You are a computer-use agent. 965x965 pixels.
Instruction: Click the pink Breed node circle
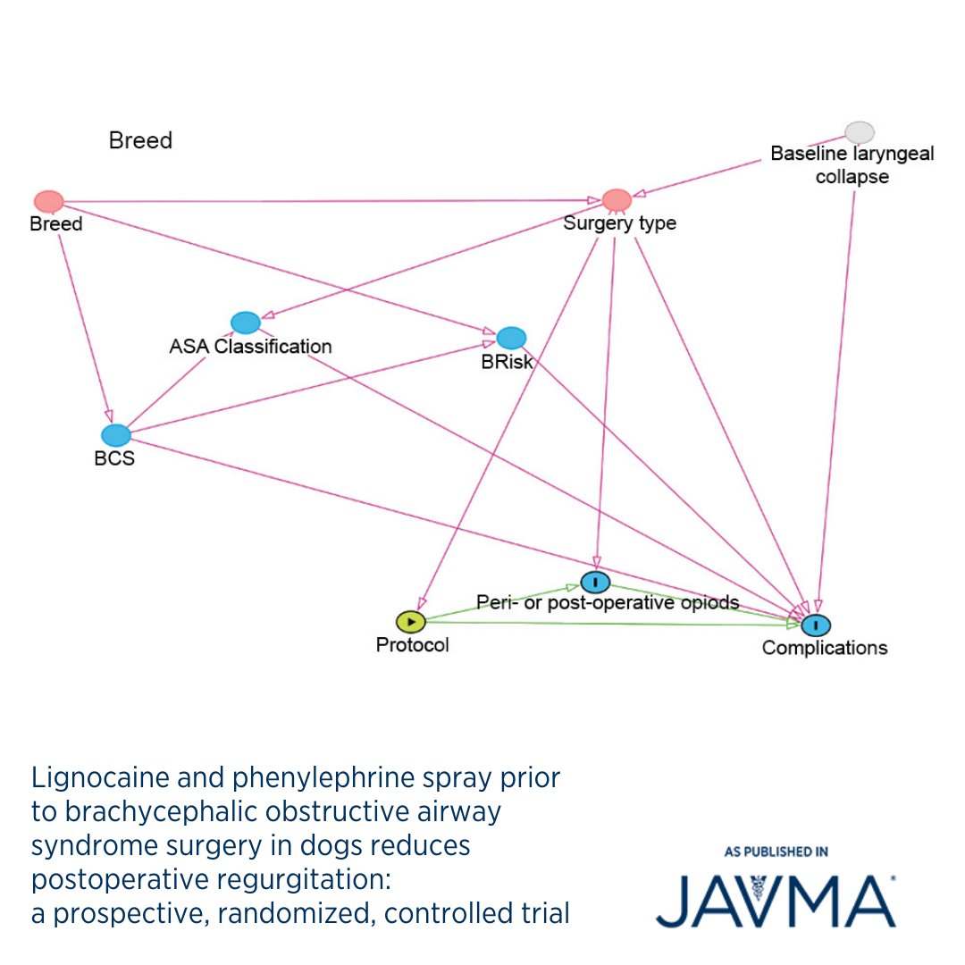click(48, 201)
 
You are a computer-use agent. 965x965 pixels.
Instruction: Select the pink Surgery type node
click(617, 200)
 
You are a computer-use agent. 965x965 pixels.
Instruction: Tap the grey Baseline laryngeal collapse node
click(860, 132)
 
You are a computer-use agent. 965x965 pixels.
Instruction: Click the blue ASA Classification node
click(245, 323)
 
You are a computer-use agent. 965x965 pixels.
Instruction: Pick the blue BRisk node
click(511, 338)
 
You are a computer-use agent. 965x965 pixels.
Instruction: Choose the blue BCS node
click(116, 435)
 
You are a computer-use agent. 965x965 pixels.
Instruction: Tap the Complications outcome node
click(816, 625)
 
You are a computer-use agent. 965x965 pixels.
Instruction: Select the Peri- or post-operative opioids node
click(595, 583)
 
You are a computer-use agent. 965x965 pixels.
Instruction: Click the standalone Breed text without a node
click(140, 141)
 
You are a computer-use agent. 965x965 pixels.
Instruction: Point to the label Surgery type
click(619, 223)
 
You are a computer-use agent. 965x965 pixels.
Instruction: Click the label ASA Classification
click(250, 346)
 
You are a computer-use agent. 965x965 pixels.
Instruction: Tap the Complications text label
click(824, 648)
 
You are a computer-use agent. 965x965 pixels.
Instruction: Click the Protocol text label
click(412, 644)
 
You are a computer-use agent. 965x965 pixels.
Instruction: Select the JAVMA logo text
click(776, 902)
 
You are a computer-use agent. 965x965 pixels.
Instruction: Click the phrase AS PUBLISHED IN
click(776, 852)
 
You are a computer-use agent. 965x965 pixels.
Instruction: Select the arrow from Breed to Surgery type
click(331, 201)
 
